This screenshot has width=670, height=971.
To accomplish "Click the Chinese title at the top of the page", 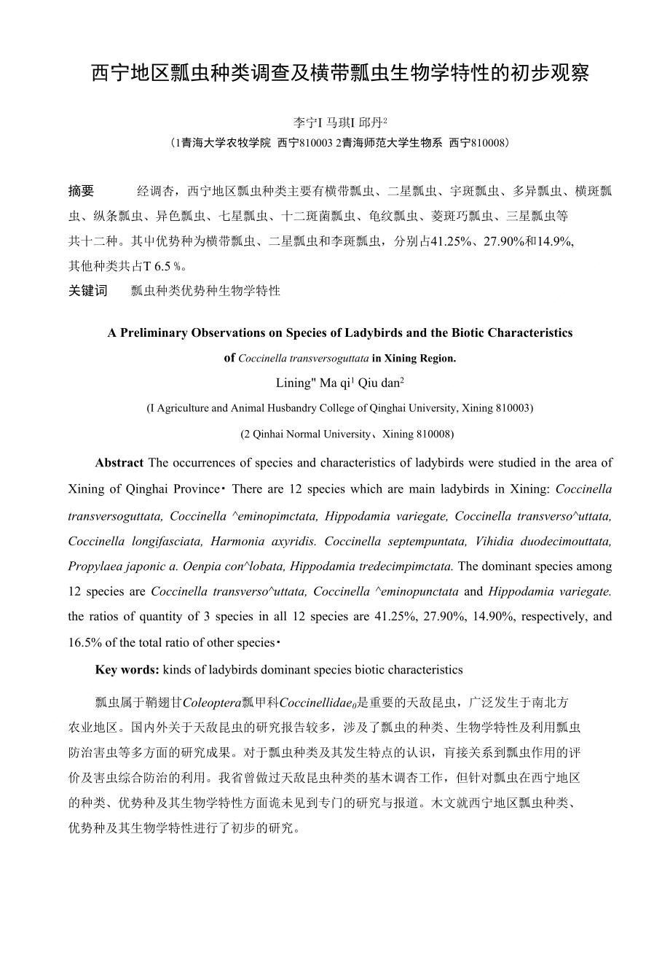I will point(340,74).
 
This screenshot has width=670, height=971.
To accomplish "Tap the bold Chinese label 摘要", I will point(81,191).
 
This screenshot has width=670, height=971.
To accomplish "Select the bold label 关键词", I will point(87,290).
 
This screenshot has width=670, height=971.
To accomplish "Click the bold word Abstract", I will point(119,463).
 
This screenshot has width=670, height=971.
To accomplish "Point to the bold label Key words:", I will point(127,669).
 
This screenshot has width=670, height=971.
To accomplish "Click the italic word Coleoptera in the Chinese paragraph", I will point(210,703).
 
